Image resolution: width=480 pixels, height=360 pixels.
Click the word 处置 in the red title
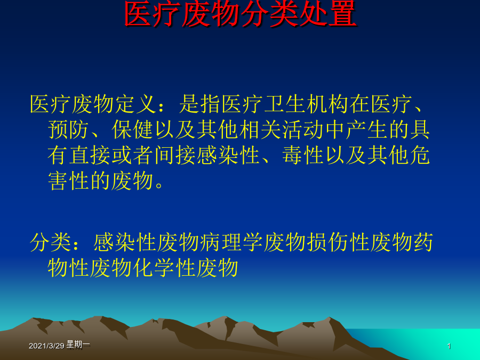(x=328, y=14)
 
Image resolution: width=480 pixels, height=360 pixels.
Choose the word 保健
(x=133, y=130)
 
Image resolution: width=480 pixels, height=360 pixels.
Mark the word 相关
(x=260, y=130)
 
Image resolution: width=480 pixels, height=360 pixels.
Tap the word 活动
(x=303, y=130)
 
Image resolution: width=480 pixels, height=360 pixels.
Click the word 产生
(x=367, y=130)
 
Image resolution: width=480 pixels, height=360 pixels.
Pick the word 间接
(x=175, y=155)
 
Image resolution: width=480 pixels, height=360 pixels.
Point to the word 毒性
(x=303, y=155)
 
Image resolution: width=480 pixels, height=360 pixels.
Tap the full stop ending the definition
(x=159, y=185)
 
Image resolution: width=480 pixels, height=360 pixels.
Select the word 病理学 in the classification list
(x=231, y=242)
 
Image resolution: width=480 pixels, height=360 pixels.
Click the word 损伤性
(x=338, y=242)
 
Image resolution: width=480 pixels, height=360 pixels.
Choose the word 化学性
(x=164, y=268)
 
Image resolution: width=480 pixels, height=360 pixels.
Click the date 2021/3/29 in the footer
(x=46, y=346)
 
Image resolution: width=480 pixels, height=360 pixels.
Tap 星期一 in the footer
(x=78, y=345)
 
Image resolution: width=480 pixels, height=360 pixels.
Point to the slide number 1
(x=449, y=346)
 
